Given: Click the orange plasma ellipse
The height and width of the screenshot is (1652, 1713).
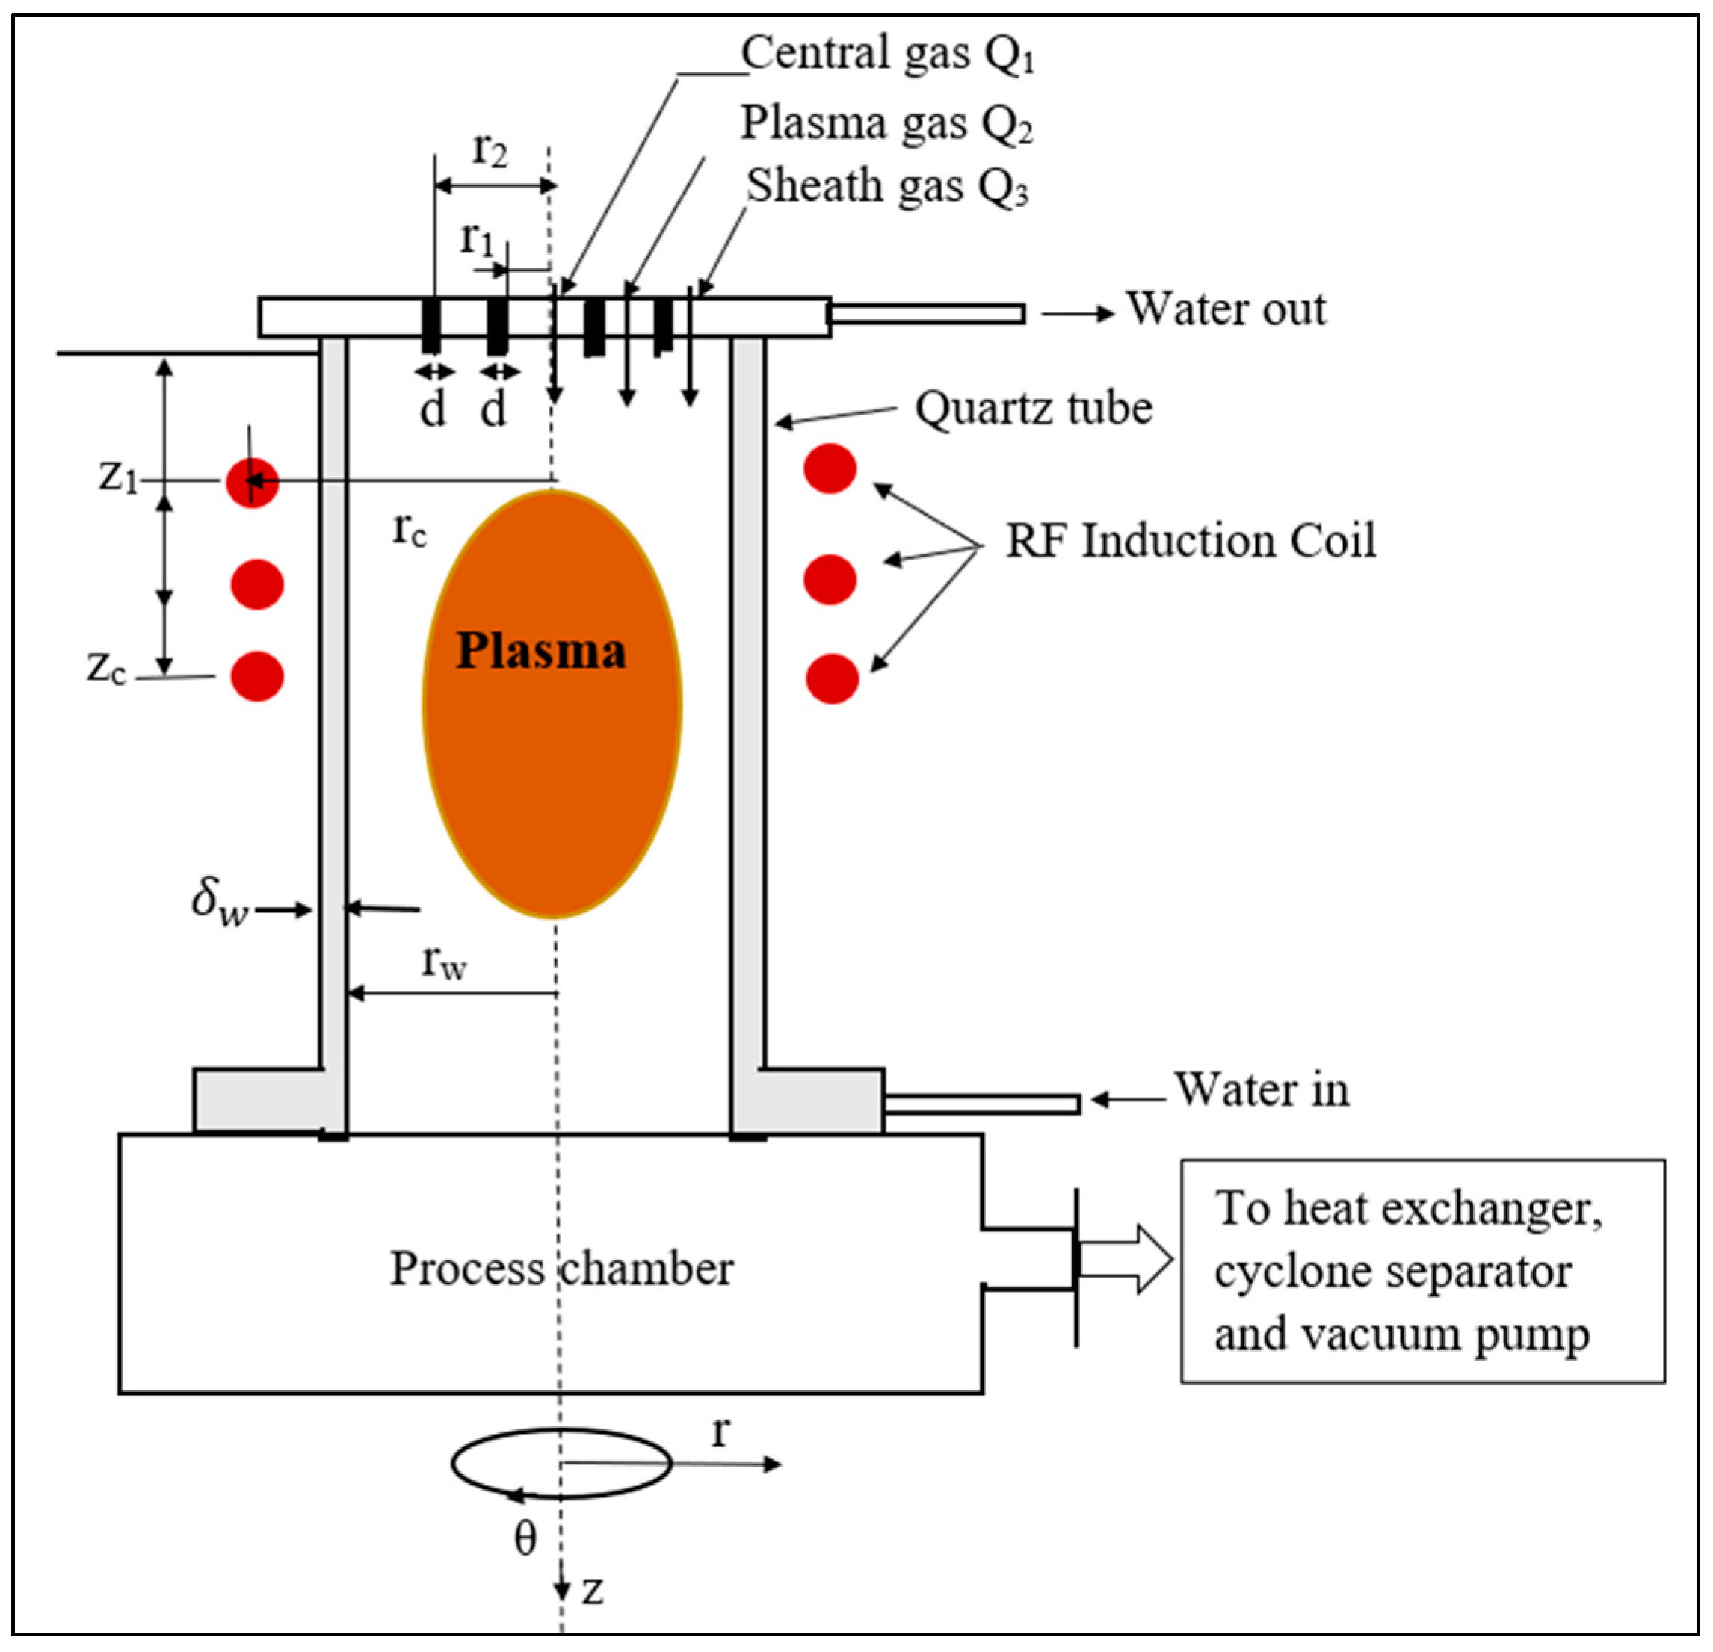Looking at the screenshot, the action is pos(552,703).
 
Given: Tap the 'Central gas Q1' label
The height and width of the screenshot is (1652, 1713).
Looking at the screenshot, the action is pos(888,54).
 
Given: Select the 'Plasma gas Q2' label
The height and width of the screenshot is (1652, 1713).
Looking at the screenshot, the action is pos(887,123).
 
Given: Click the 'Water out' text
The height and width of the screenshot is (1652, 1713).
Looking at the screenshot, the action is pos(1225,309).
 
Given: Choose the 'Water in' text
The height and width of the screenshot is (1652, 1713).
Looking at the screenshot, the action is pos(1261,1089).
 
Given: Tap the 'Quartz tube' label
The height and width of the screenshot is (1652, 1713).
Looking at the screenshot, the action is pos(1033,408).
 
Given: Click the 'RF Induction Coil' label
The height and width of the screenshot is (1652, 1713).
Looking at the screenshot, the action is pos(1191,541).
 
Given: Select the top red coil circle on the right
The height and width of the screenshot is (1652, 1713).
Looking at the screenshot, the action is pos(830,468).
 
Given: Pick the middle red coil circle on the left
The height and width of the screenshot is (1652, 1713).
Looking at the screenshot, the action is pos(257,584).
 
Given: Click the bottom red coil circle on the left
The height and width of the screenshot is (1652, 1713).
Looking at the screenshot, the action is pos(257,676).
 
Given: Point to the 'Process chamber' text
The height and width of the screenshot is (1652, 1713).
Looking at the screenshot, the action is pos(561,1269).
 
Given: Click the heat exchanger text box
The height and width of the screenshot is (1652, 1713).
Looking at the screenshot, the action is pos(1423,1270).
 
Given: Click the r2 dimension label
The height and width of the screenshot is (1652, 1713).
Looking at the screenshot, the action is pos(490,149).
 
